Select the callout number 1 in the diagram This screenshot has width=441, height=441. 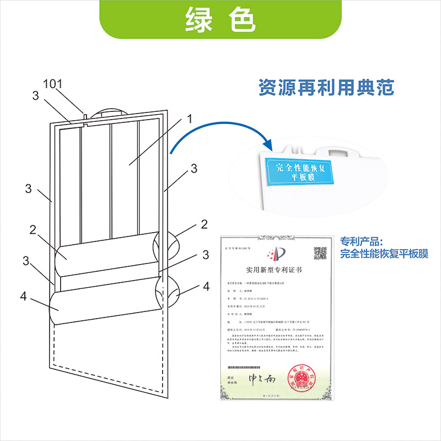coord(189,119)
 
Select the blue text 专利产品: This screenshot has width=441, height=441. coord(361,242)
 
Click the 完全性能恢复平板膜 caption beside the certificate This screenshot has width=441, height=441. coord(384,254)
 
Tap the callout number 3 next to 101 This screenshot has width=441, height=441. coord(35,96)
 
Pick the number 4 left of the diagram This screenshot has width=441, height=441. coord(23,297)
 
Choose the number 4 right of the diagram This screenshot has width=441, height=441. coord(206,287)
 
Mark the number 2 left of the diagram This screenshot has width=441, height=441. coord(33,229)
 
